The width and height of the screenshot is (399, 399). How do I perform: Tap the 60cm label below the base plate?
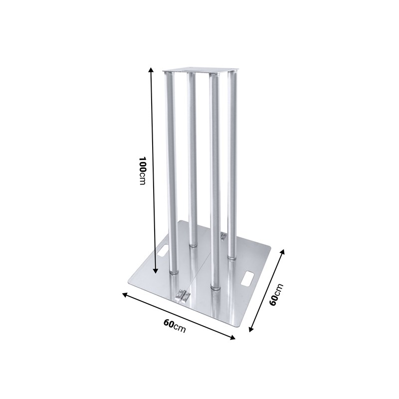(175, 326)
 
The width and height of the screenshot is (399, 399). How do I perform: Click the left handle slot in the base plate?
(163, 250)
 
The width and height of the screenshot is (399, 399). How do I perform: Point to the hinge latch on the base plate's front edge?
(183, 295)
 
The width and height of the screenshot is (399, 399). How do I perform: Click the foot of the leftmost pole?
(173, 272)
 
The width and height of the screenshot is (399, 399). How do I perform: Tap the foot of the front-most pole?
(215, 286)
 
